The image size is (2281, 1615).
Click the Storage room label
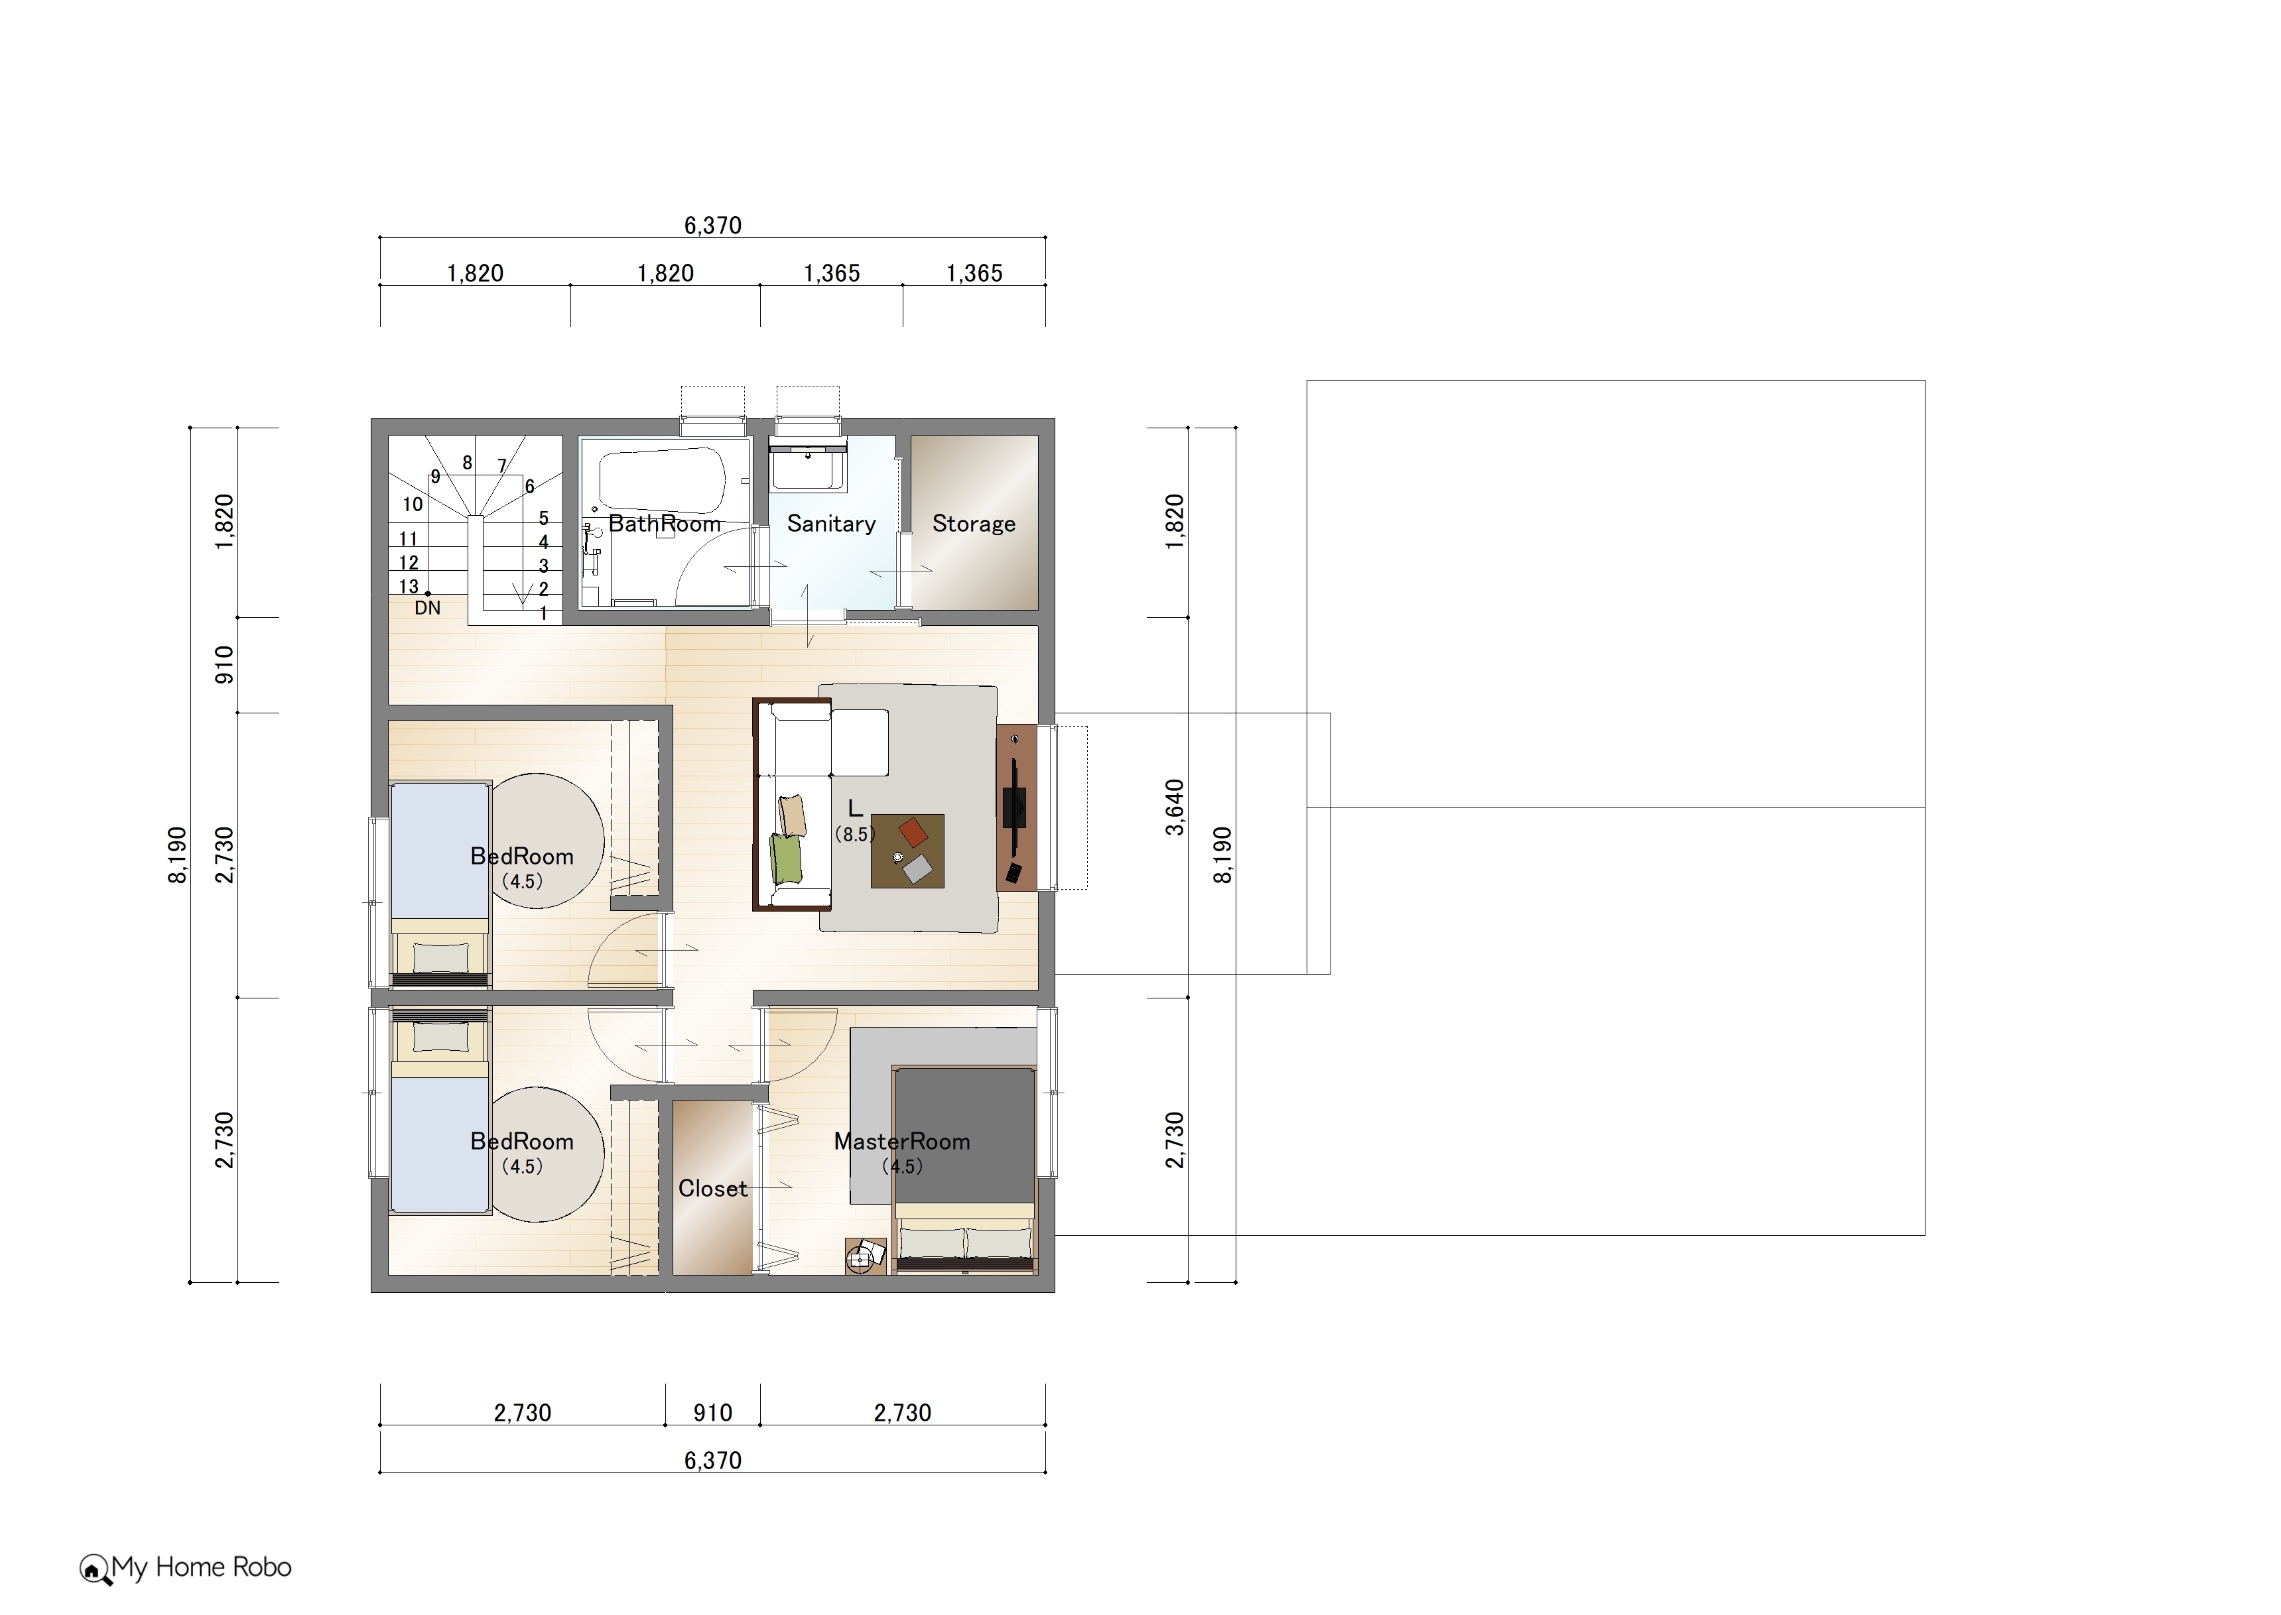pyautogui.click(x=973, y=523)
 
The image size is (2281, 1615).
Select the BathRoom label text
pyautogui.click(x=665, y=523)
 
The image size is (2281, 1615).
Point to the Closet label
pyautogui.click(x=712, y=1188)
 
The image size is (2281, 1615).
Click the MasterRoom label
pyautogui.click(x=901, y=1142)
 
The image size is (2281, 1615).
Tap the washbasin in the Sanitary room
pyautogui.click(x=808, y=467)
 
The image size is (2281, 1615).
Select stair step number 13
pyautogui.click(x=409, y=587)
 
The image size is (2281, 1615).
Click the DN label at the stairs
pyautogui.click(x=428, y=607)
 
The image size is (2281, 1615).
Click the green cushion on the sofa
pyautogui.click(x=786, y=858)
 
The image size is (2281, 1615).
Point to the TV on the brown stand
pyautogui.click(x=1015, y=806)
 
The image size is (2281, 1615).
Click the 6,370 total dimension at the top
pyautogui.click(x=712, y=225)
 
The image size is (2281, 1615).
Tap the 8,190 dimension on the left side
pyautogui.click(x=177, y=855)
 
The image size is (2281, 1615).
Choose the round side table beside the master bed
pyautogui.click(x=858, y=1260)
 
